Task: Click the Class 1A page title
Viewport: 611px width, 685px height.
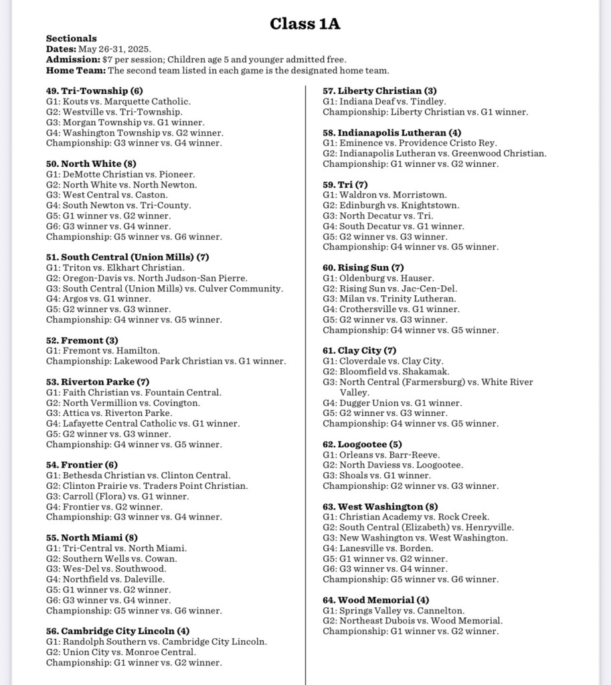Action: click(x=305, y=23)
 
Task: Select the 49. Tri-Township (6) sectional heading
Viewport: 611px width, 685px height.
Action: click(x=94, y=91)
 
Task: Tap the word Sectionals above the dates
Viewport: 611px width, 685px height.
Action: click(x=72, y=39)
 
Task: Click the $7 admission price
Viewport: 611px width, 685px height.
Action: click(x=107, y=60)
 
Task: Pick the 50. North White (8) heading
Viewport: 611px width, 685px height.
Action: click(x=91, y=164)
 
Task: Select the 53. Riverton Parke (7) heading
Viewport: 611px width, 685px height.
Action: click(x=98, y=382)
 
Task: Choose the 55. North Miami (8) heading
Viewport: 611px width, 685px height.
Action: click(x=92, y=538)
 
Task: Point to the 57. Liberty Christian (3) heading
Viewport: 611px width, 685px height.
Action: click(x=379, y=91)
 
